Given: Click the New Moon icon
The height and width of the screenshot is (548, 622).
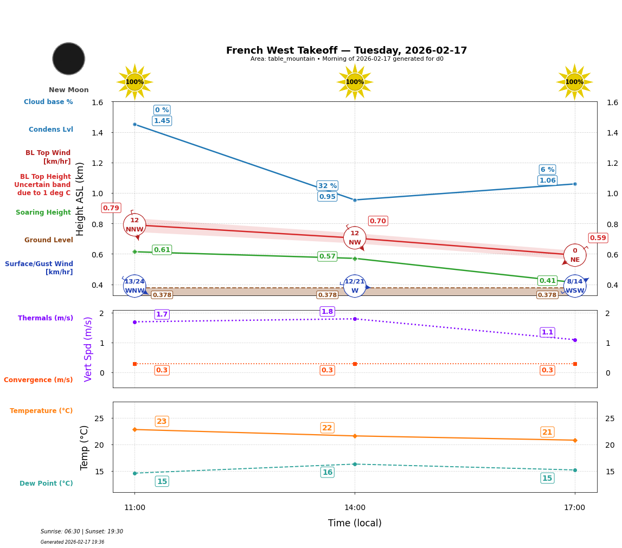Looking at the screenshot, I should point(69,59).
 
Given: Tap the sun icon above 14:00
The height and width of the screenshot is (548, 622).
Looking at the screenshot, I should point(355,82).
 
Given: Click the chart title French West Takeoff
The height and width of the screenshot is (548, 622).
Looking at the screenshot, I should point(347,50).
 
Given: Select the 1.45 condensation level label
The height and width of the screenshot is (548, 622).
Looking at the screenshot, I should point(162,121).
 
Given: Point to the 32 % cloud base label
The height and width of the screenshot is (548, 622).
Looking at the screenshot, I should point(328,185).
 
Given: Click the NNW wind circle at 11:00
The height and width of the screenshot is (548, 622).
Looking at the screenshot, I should point(134,224).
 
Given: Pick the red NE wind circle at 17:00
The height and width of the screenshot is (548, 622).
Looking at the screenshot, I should point(575,255).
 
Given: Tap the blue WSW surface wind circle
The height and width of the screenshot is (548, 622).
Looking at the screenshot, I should point(575,286).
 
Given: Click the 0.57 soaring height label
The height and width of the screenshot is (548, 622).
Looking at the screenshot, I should point(328,256).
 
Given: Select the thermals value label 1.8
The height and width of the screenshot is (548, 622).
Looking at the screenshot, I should point(328,312).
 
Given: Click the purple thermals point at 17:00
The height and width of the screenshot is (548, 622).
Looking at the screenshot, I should point(575,340).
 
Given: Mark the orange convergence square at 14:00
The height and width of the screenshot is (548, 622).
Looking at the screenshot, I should point(355,364).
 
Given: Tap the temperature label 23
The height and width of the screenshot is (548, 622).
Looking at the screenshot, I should point(162,422).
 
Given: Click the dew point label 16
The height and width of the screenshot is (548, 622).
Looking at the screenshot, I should point(328,473).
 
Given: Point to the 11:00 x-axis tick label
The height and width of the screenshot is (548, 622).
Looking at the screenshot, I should point(134,508).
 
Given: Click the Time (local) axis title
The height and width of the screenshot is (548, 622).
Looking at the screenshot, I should point(355,523).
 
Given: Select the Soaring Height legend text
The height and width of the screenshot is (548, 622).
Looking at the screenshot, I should point(43,212).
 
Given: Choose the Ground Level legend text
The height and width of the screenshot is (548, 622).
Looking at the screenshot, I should point(49,240).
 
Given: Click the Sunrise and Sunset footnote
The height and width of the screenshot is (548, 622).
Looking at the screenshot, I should point(82,532).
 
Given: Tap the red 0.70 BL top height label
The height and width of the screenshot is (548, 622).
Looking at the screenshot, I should point(378,221).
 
